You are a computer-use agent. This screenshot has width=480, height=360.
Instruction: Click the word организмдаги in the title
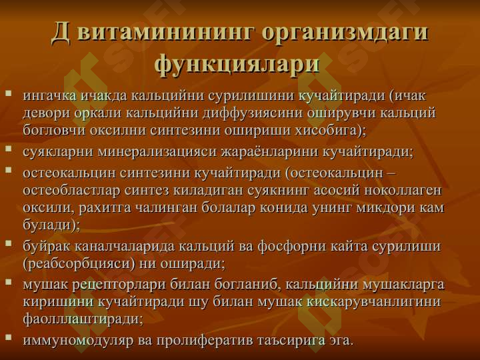tap(345, 33)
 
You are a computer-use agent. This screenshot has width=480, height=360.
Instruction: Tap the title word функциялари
tap(237, 64)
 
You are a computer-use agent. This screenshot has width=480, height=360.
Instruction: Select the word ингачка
tap(49, 96)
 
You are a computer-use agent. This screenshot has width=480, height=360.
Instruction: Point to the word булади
tap(48, 225)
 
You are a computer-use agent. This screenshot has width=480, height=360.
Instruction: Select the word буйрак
tap(47, 247)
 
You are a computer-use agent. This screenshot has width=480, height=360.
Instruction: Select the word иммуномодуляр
tap(78, 341)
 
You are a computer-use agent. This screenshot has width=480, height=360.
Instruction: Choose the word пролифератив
tap(205, 341)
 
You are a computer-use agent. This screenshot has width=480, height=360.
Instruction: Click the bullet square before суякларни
tap(9, 149)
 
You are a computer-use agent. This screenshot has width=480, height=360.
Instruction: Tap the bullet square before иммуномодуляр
tap(9, 337)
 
